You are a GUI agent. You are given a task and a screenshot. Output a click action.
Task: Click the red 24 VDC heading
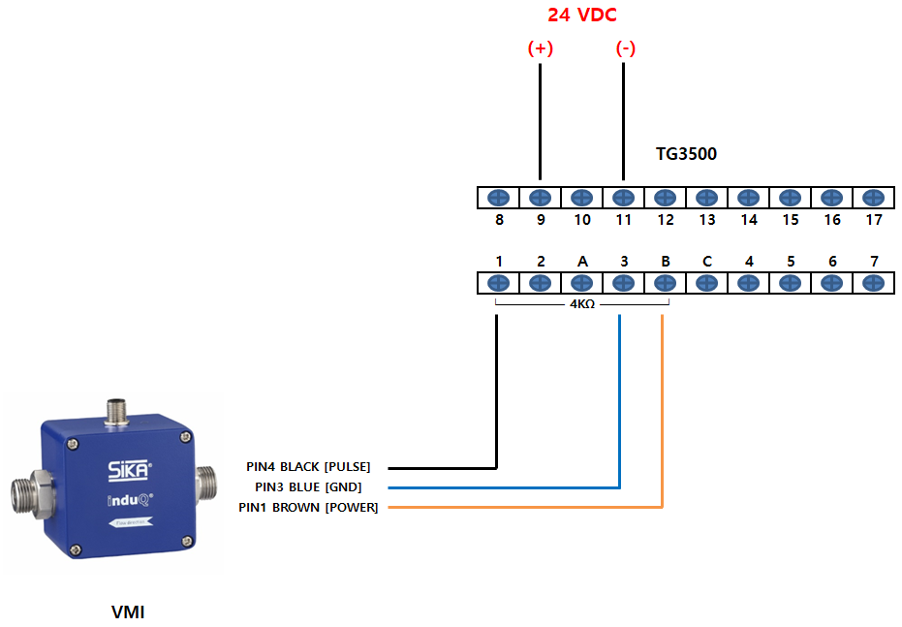pos(581,15)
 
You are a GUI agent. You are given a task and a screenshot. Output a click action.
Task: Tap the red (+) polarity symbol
pos(541,48)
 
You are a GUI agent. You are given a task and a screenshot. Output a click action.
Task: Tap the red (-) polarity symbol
pos(625,48)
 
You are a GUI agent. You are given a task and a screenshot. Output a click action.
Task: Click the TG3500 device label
pos(686,153)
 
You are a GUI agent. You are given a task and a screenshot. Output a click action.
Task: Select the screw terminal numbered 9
pos(540,198)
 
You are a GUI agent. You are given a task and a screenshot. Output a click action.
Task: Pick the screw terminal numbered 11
pos(623,198)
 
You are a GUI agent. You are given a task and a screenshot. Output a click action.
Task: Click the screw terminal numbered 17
pos(873,198)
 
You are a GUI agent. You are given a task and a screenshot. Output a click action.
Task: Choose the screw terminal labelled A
pos(581,283)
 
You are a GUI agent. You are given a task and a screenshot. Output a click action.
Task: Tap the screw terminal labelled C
pos(706,283)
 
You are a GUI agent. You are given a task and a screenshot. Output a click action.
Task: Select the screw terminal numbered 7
pos(873,283)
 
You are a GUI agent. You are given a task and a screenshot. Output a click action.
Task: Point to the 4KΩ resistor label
pos(582,303)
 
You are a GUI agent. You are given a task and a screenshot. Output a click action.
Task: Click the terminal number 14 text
pos(748,220)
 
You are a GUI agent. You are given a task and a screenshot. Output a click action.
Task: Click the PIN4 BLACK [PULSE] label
pos(308,466)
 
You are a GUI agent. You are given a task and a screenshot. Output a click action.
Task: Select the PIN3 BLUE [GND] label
pos(308,487)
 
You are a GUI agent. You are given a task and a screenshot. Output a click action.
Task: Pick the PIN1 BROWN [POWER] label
pos(308,508)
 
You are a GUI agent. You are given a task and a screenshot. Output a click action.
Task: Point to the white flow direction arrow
pos(131,522)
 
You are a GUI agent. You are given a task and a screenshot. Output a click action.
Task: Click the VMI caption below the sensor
pos(128,611)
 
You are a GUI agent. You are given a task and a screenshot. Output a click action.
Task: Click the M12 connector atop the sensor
pos(117,411)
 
